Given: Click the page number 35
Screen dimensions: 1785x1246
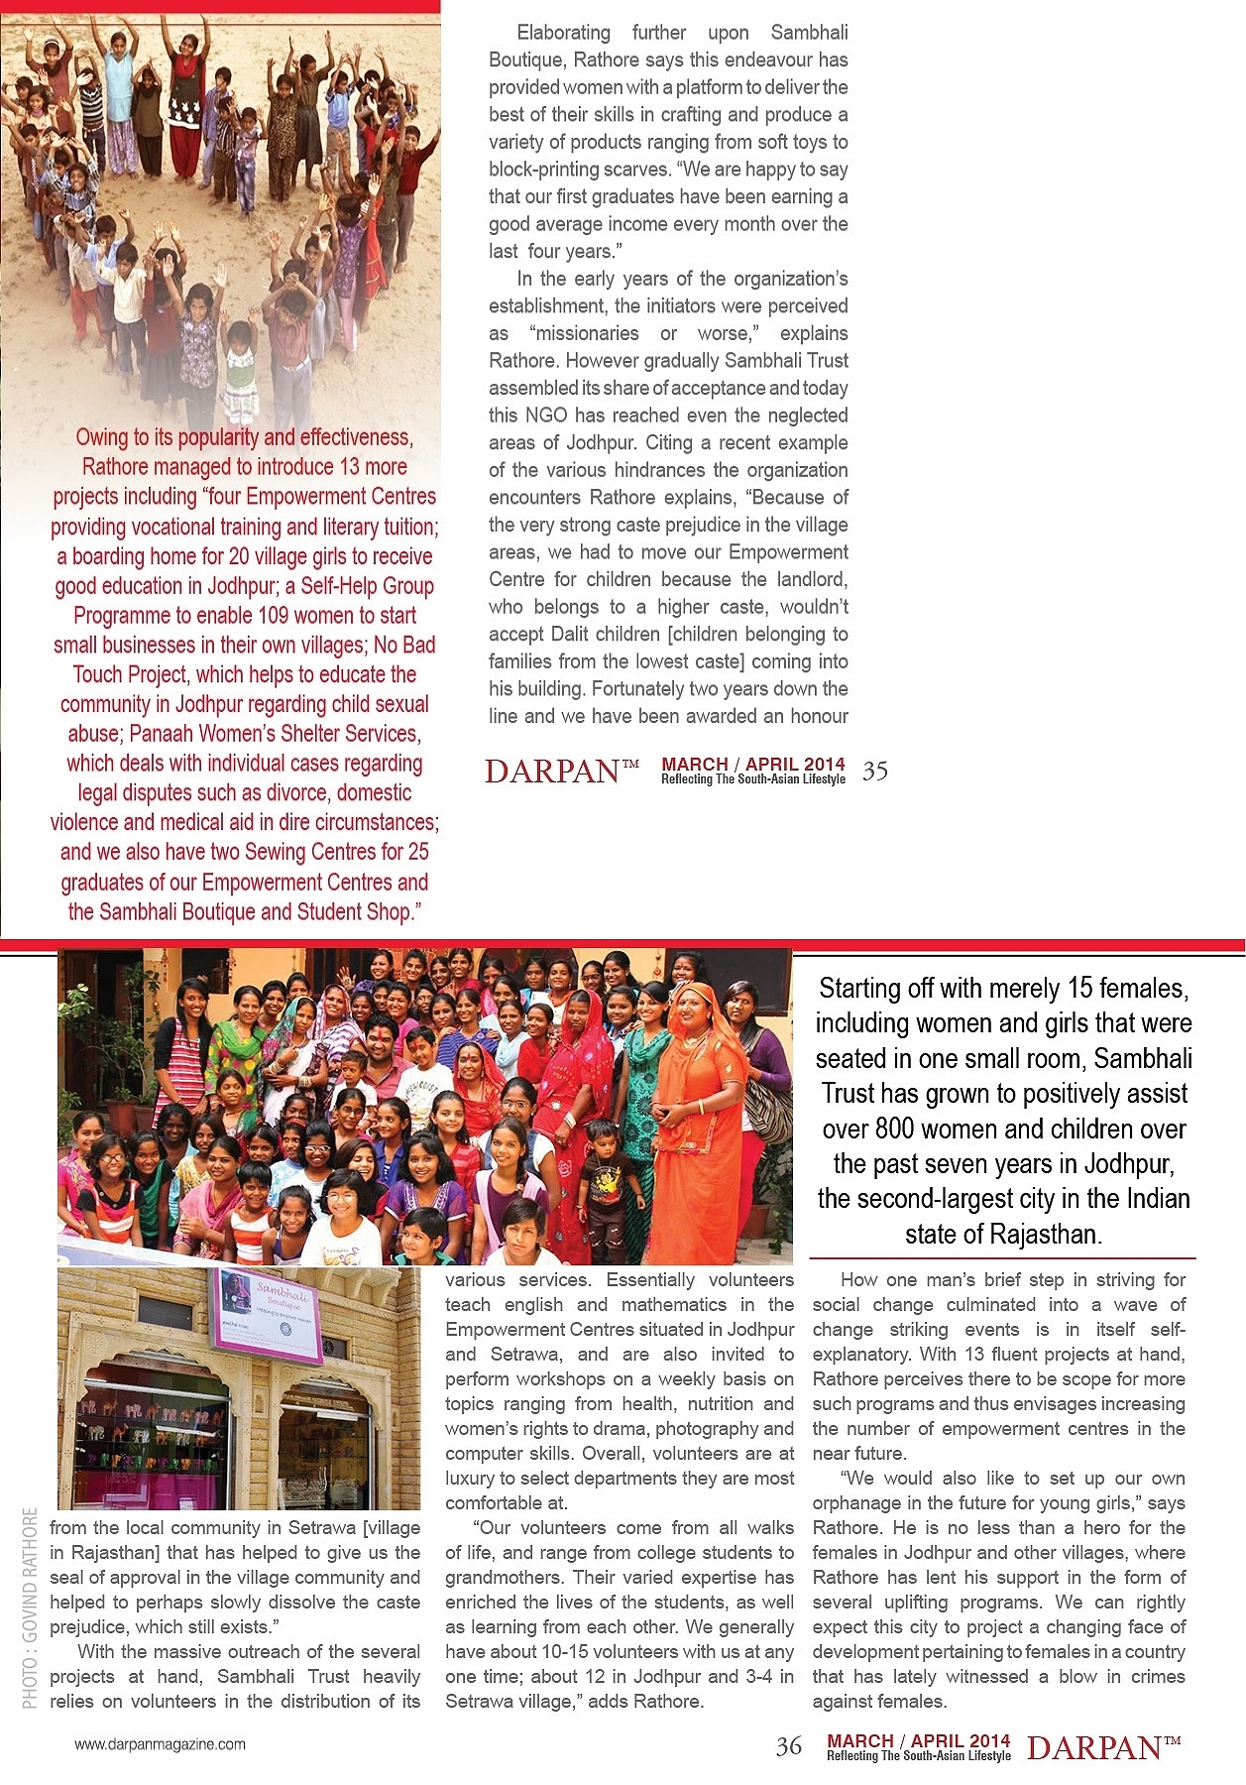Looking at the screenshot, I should [874, 772].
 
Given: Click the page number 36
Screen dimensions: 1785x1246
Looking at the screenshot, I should [789, 1746].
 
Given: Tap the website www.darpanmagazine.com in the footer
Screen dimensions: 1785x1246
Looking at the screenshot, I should [160, 1743].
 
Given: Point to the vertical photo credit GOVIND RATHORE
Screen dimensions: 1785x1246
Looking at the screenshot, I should [31, 1606].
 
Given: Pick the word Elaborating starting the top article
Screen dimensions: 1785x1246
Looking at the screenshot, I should [563, 33].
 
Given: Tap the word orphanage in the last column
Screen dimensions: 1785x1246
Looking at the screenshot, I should [859, 1502].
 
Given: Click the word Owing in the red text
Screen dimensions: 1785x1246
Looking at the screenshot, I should [101, 437].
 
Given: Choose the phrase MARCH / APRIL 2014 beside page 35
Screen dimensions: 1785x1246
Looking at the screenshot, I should [752, 764].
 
